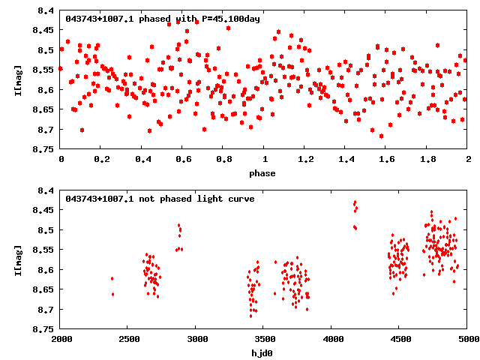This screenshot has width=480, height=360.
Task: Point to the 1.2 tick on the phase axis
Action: coord(305,160)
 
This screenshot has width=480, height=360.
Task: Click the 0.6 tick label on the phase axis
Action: coord(183,160)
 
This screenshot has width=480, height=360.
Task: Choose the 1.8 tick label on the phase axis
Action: coord(427,160)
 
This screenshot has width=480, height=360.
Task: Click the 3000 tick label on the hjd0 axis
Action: coord(196,339)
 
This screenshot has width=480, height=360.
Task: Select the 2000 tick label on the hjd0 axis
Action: coord(61,339)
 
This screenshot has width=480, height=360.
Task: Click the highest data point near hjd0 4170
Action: coord(355,202)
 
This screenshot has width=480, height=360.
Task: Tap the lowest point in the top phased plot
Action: coord(381,136)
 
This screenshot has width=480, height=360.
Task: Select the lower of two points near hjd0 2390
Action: coord(113,294)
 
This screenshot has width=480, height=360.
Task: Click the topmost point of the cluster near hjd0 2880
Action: coord(178,225)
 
